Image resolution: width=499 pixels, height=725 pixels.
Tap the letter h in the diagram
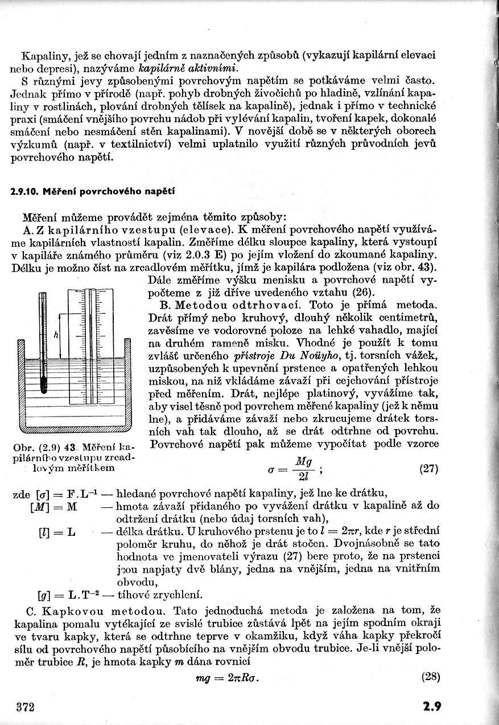56,335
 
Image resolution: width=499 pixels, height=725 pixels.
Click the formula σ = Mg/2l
295,469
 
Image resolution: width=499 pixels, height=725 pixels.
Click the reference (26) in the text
362,292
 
